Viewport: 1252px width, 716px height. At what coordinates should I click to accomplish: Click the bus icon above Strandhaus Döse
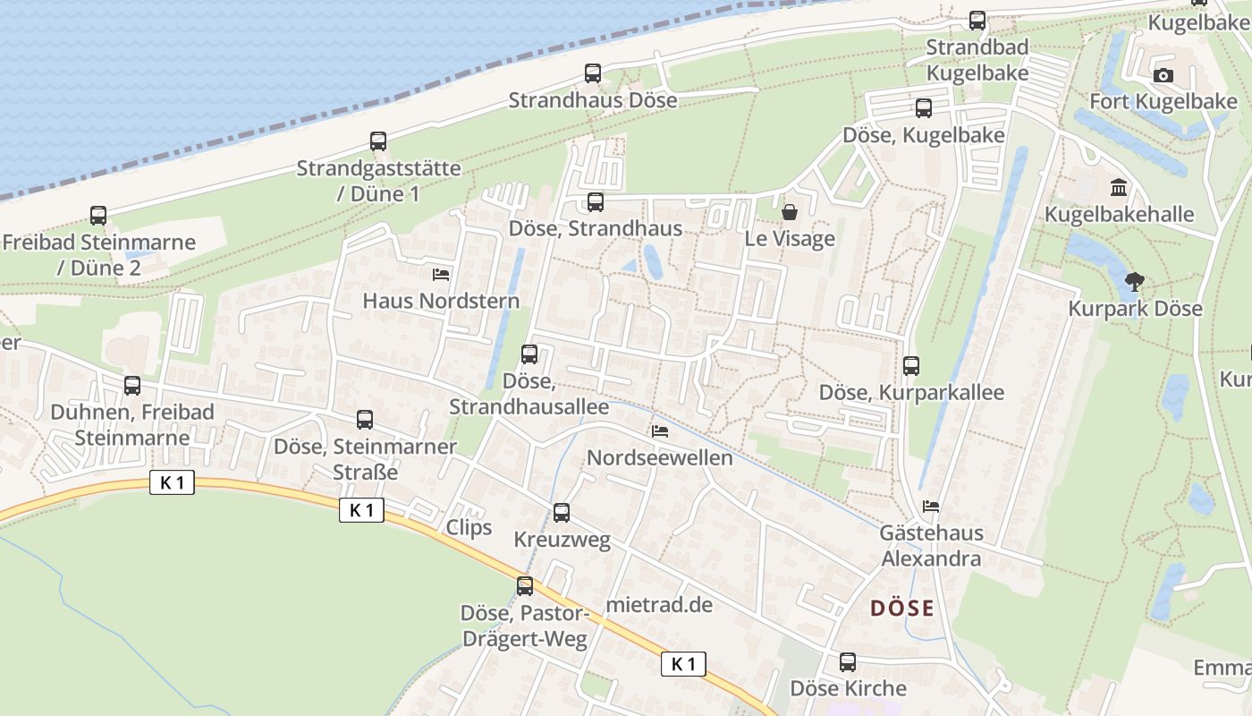(x=593, y=73)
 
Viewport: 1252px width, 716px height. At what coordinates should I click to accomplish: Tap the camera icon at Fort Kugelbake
(x=1163, y=75)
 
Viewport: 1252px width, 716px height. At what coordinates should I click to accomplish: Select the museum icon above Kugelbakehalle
(x=1118, y=188)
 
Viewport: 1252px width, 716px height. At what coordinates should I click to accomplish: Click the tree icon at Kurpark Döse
(x=1135, y=283)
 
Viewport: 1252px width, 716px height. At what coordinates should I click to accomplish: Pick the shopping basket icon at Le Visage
(x=790, y=212)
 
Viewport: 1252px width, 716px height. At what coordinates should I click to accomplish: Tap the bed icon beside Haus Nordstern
(x=440, y=274)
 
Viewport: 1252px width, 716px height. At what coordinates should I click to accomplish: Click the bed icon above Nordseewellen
(x=660, y=431)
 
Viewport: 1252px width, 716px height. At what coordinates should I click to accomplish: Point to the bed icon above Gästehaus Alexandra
(x=931, y=507)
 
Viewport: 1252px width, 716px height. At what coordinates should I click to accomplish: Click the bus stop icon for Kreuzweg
(x=562, y=513)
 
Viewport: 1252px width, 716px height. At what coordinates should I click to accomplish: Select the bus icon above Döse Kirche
(x=847, y=662)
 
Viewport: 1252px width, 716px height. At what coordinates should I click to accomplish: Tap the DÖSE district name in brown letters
(x=901, y=609)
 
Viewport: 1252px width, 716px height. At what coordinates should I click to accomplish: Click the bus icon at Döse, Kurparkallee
(x=911, y=366)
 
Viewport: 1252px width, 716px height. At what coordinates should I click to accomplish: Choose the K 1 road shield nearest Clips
(x=361, y=510)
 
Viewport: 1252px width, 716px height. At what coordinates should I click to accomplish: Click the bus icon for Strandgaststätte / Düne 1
(x=378, y=141)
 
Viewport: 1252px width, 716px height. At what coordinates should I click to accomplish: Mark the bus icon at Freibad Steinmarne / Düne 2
(x=98, y=216)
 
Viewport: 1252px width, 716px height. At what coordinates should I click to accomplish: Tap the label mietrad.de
(x=659, y=605)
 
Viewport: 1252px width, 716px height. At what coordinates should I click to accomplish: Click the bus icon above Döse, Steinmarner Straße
(x=365, y=420)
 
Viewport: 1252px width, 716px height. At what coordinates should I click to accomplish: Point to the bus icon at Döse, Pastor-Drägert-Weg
(x=525, y=586)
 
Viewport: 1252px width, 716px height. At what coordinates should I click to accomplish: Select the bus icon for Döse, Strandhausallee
(x=529, y=354)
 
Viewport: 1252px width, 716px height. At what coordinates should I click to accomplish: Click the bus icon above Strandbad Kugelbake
(x=977, y=21)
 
